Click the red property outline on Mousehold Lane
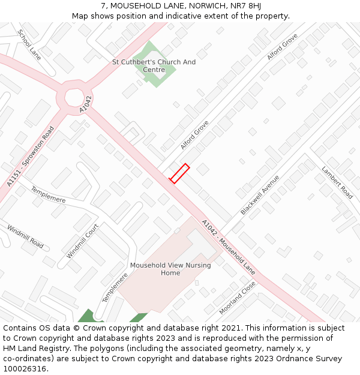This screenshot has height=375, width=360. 179,173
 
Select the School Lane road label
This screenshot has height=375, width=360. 29,44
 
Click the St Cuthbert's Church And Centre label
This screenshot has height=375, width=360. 154,66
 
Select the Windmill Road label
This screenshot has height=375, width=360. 25,236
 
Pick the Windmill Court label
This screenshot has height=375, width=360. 82,241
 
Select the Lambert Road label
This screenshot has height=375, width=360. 337,182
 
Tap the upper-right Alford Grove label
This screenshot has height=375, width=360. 282,47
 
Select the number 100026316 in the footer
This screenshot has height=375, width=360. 25,368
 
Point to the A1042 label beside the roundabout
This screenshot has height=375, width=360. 86,104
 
